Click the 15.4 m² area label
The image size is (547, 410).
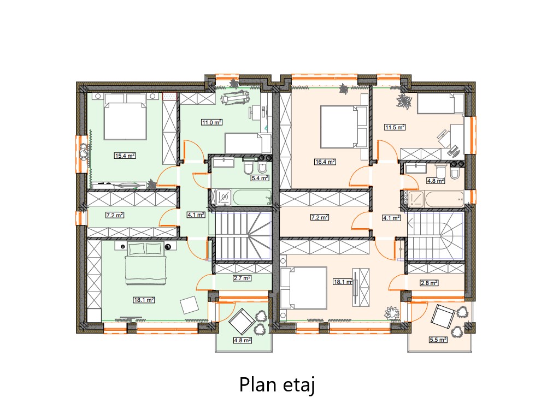(125, 156)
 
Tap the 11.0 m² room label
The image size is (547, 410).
(212, 122)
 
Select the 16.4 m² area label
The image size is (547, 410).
(325, 162)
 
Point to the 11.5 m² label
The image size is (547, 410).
(395, 127)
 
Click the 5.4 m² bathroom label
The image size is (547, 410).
(260, 178)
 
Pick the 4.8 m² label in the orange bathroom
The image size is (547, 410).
(436, 181)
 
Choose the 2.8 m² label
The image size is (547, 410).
(429, 283)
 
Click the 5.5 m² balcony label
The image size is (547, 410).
(438, 339)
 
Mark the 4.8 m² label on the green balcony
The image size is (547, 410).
(243, 340)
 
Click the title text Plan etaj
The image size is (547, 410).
(278, 385)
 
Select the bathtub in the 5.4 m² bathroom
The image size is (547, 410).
(252, 198)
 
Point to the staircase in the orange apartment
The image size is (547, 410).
(436, 236)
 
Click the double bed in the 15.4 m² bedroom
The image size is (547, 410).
(125, 116)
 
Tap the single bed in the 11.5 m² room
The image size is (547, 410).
(440, 104)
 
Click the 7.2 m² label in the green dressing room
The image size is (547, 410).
(115, 216)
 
